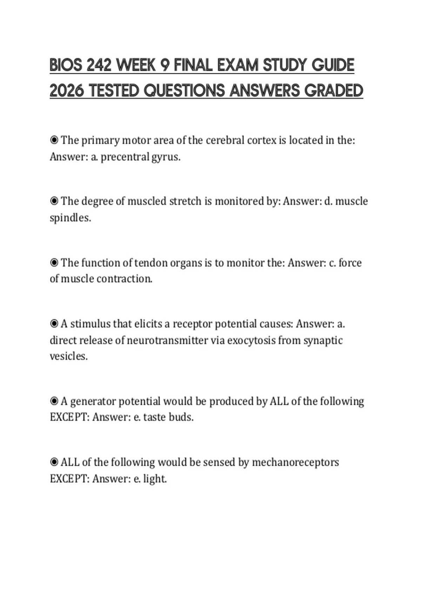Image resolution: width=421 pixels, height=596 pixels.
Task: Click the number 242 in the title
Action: (x=98, y=66)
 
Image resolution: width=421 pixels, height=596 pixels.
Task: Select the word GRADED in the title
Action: (x=333, y=91)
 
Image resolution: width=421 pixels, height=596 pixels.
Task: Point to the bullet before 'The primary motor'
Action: (x=54, y=140)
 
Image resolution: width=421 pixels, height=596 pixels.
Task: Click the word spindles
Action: (x=70, y=218)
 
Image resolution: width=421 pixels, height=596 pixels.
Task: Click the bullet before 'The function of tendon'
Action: (x=54, y=263)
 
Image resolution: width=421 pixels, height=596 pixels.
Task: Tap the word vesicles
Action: (x=68, y=356)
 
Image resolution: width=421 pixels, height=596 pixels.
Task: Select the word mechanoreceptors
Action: (x=295, y=462)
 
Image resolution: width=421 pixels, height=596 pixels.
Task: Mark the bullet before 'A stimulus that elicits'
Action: (x=54, y=324)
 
